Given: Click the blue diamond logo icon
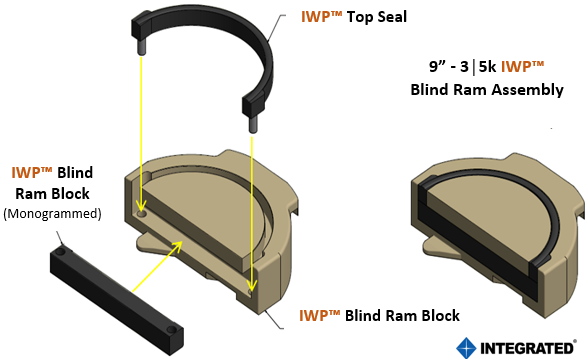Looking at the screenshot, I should (466, 347).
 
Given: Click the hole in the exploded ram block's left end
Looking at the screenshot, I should (141, 213).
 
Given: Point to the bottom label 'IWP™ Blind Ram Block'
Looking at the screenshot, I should (379, 316).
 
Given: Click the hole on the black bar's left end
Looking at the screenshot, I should (63, 251).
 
